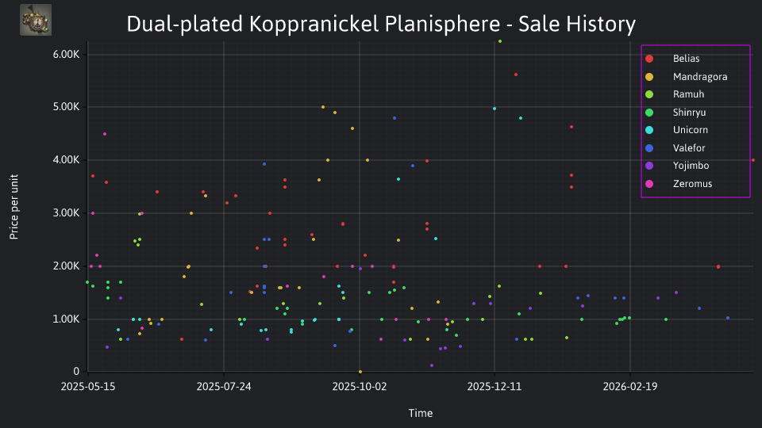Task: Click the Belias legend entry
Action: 686,59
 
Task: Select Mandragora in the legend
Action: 700,77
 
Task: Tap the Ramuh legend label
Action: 688,94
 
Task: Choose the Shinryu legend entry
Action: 689,113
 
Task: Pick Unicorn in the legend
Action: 690,130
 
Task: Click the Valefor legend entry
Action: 689,148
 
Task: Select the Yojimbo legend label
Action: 691,166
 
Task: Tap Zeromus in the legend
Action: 692,184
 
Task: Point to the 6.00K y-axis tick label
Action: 66,55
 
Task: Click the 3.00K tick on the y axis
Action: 66,213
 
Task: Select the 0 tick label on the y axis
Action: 76,372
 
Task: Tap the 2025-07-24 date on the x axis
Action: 224,387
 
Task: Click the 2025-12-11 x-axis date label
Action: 495,387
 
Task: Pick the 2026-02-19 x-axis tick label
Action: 629,387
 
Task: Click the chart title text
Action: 381,24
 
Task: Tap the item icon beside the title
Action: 36,20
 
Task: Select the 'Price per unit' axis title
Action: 14,207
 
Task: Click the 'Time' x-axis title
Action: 421,414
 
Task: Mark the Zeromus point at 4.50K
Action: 105,134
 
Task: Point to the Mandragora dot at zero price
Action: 360,372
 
